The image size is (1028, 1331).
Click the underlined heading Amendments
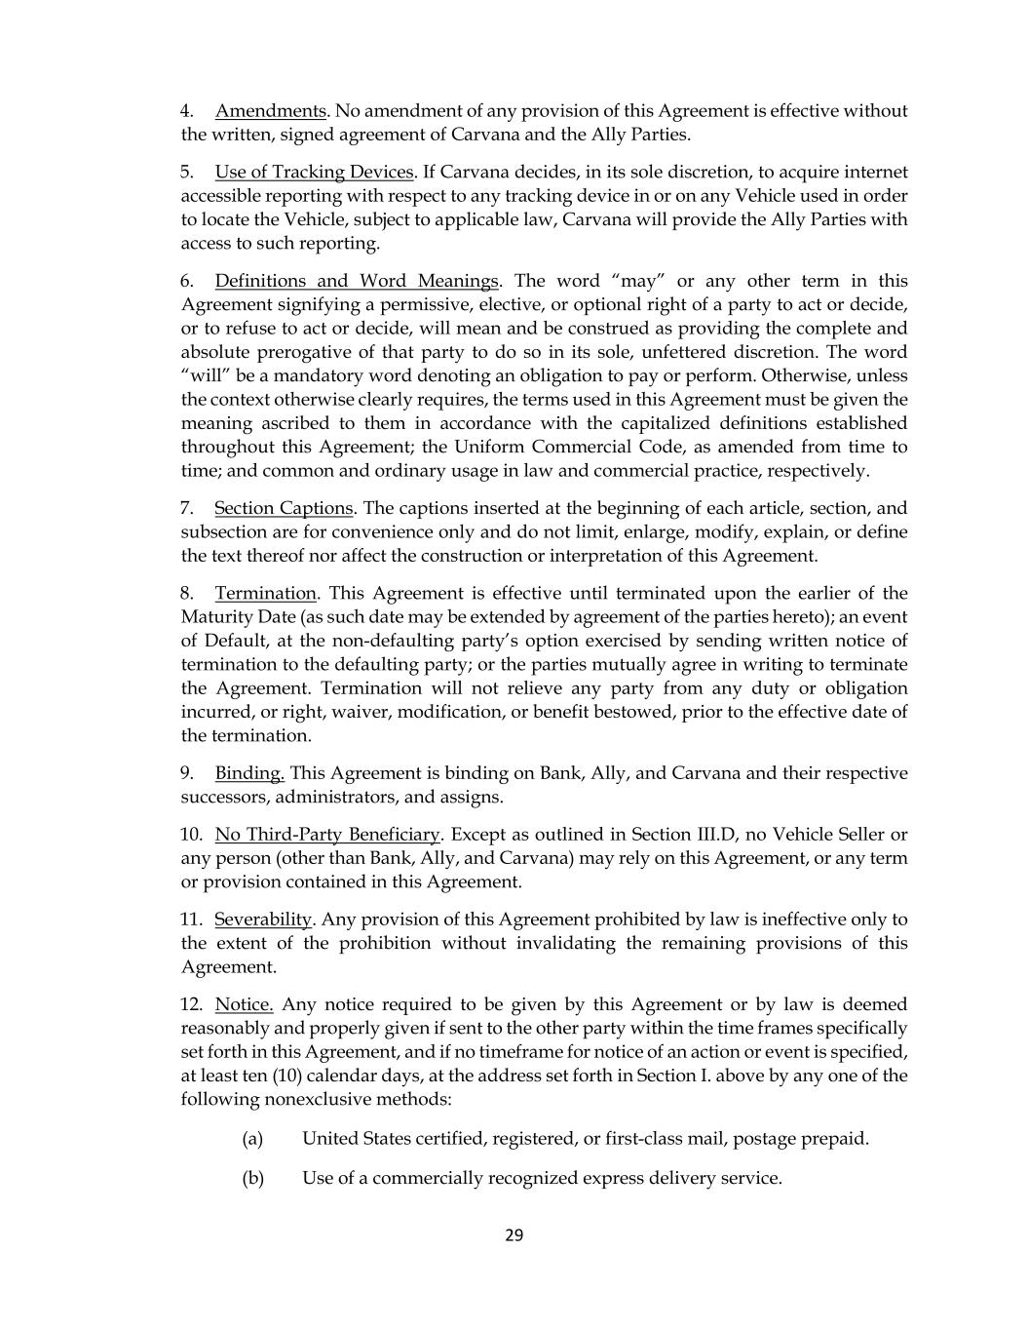[x=270, y=111]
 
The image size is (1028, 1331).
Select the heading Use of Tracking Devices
[x=314, y=173]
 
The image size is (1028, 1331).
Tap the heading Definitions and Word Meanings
[x=357, y=282]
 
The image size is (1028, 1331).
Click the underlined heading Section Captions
[x=284, y=509]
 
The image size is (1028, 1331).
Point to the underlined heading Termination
[x=266, y=594]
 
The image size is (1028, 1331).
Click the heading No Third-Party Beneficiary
[x=327, y=836]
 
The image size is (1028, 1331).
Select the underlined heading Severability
[x=263, y=920]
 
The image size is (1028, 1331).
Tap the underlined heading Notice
[x=244, y=1005]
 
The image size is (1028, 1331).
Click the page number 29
[x=514, y=1236]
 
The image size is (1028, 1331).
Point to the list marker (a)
[x=252, y=1139]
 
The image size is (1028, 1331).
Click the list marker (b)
[x=252, y=1179]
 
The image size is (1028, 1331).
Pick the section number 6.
[x=186, y=282]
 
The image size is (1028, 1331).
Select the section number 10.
[x=191, y=836]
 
